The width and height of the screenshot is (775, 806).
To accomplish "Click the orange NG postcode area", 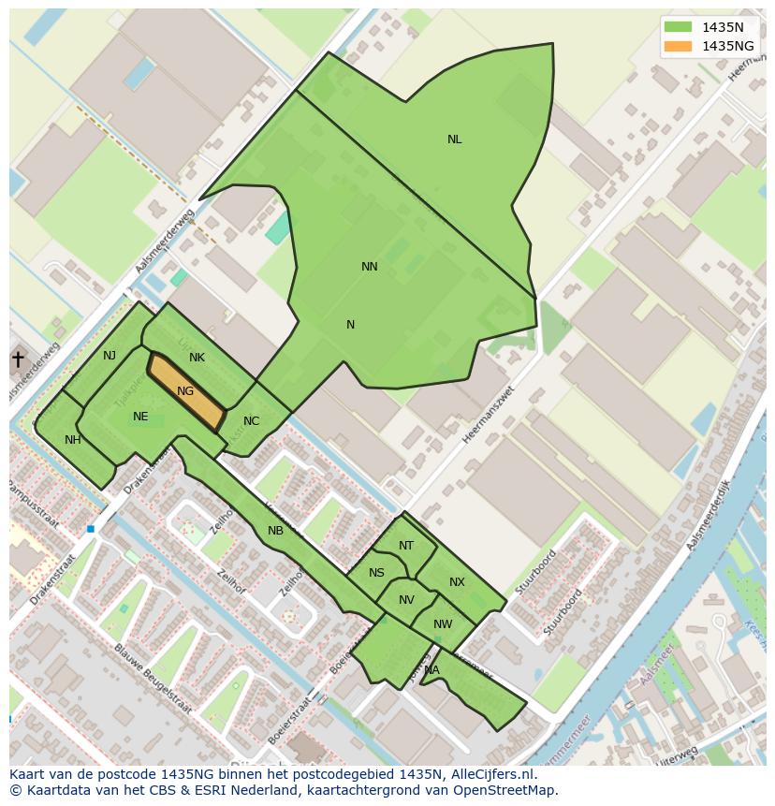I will tap(187, 392).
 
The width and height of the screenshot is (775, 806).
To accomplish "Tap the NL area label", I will tap(454, 139).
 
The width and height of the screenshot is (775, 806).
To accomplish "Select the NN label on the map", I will tap(370, 267).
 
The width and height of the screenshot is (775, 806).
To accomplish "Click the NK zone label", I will tap(197, 358).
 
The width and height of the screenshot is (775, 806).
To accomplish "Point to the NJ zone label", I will tap(110, 355).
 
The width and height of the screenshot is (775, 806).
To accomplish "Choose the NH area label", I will tap(72, 440).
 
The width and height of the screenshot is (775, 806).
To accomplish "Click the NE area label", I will tap(140, 417).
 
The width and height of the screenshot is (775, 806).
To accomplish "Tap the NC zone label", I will tap(251, 421).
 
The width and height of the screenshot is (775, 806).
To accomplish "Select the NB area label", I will tap(275, 531).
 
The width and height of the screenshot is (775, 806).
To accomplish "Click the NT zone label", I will tap(405, 546).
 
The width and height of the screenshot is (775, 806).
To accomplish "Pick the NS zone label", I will tap(376, 573).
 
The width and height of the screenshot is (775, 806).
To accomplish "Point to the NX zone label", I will tap(457, 582).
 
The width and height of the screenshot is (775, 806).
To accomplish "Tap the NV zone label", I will tap(406, 601).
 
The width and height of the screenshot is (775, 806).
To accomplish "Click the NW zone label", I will tap(443, 624).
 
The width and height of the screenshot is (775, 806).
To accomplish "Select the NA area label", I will tap(431, 670).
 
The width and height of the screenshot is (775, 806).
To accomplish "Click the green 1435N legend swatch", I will tap(678, 27).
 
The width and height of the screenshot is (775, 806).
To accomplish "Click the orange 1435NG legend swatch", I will tap(678, 46).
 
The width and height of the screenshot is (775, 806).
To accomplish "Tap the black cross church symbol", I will tap(17, 359).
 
